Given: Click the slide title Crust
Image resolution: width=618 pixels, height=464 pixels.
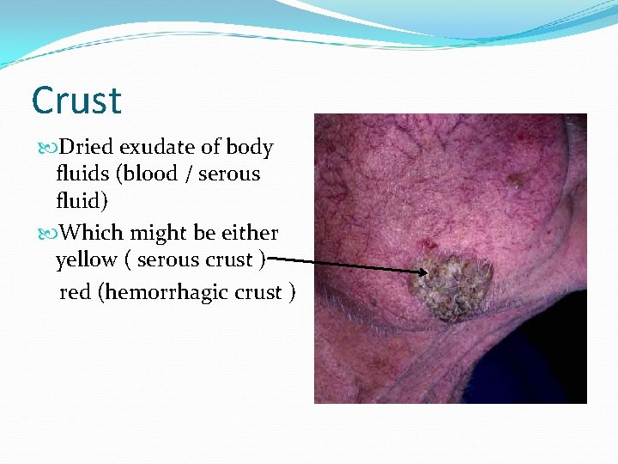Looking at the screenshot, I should [76, 101].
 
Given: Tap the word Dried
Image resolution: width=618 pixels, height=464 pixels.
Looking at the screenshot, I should [84, 148].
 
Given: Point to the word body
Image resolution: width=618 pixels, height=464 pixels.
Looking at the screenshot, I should [251, 148].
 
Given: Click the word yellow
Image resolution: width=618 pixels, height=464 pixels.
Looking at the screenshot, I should [86, 259].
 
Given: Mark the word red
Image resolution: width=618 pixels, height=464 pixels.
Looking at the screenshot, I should [75, 293].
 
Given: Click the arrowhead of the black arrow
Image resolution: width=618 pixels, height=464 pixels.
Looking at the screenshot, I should [424, 272].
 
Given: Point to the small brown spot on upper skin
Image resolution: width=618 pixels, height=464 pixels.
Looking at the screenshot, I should [516, 180].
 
